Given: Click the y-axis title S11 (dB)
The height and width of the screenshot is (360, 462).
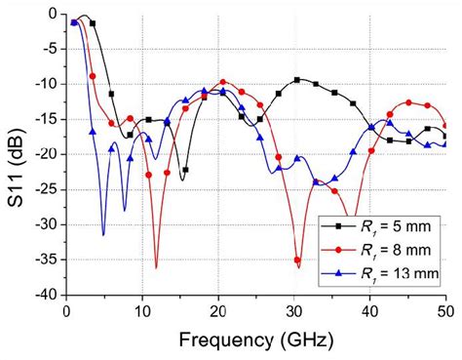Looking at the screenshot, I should (x=15, y=151).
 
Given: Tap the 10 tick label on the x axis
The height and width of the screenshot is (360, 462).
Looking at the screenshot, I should (x=141, y=310).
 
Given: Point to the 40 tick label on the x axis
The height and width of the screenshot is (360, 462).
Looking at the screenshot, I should (x=369, y=310).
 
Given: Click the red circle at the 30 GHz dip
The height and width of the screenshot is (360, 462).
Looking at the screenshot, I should (x=297, y=260).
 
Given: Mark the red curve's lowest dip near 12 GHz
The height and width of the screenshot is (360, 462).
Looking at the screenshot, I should (x=156, y=266).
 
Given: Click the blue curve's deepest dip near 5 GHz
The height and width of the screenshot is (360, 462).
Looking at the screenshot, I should (x=103, y=234).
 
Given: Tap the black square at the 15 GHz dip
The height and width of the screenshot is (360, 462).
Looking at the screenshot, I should (x=184, y=170).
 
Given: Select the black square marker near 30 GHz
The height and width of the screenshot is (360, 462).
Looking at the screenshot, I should (x=297, y=80).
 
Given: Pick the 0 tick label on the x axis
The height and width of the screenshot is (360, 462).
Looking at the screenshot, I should (x=65, y=310).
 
